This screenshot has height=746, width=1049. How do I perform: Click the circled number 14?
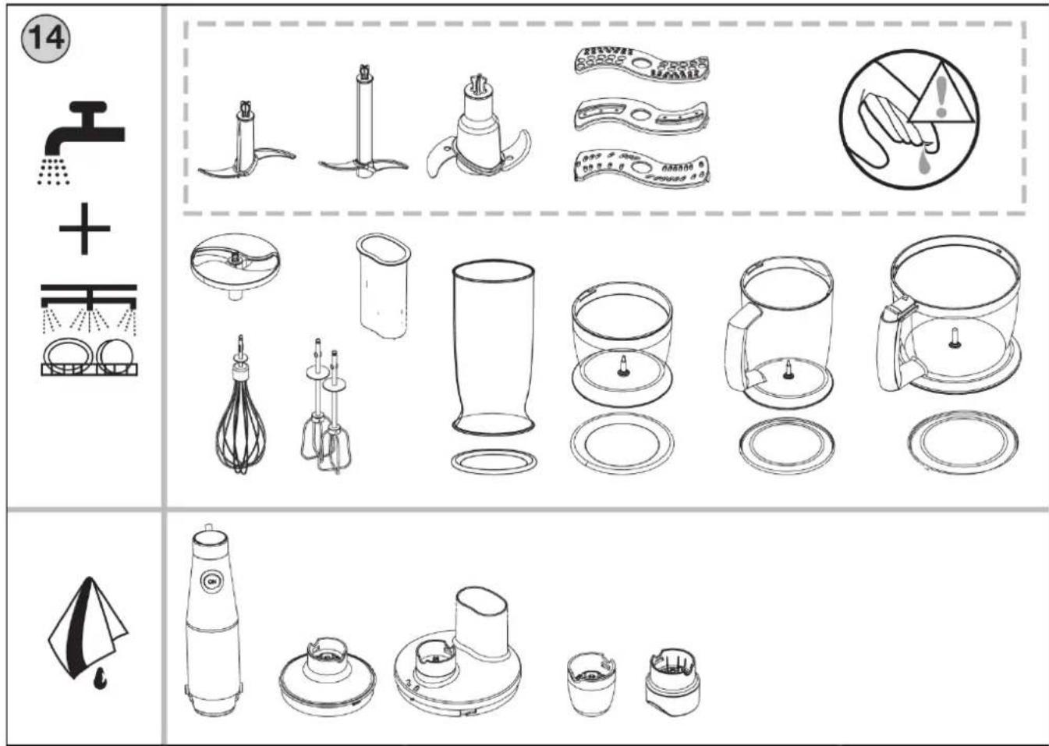tap(45, 37)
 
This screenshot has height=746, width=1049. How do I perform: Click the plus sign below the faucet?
tap(84, 229)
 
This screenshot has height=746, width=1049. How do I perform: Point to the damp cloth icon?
tap(88, 633)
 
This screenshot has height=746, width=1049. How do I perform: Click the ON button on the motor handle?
tap(212, 581)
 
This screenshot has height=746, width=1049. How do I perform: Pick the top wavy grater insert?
tap(642, 64)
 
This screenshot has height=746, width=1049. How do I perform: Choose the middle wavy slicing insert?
tap(642, 115)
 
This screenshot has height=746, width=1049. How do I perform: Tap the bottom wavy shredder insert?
tap(642, 169)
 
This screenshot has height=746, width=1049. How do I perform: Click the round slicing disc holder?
tap(235, 265)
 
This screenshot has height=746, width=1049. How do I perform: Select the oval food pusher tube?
tap(384, 286)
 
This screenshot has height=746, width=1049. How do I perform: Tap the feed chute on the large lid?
tap(482, 621)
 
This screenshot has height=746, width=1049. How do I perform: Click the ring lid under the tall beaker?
tap(494, 462)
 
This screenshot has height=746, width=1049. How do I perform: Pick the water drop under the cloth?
tap(99, 680)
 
